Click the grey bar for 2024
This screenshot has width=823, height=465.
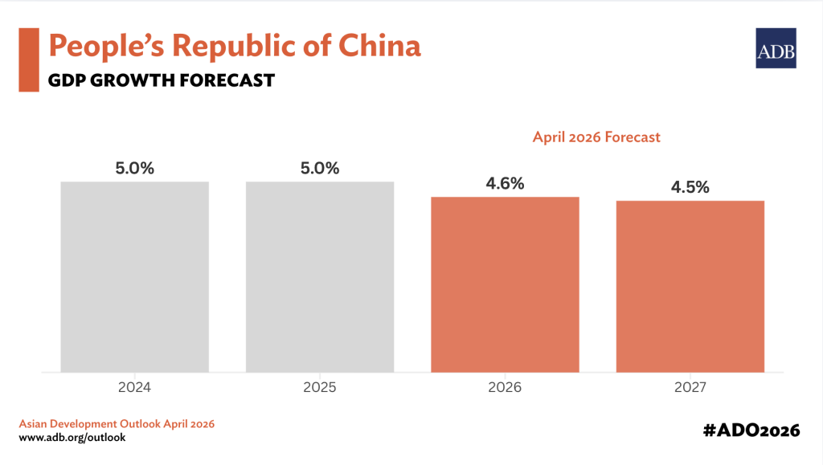[134, 277]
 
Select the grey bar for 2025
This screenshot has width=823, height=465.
[320, 277]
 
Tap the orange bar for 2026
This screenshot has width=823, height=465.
[505, 284]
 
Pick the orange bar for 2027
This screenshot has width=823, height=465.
[690, 287]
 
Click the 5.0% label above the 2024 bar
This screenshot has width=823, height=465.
[134, 169]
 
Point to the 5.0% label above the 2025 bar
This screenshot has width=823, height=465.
[320, 169]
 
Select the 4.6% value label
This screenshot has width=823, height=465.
[505, 184]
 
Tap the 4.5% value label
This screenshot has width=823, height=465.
[690, 188]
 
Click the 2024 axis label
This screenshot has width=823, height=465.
[134, 387]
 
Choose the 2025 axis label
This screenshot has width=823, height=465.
[320, 387]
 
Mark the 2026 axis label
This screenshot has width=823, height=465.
[505, 387]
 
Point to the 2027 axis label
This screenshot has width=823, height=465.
[690, 387]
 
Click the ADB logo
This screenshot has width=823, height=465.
[776, 48]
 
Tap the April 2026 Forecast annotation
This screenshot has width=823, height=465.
[596, 137]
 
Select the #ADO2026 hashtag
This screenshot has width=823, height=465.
[751, 430]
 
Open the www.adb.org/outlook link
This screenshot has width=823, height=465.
[72, 438]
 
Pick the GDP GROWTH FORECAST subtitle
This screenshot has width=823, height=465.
[162, 80]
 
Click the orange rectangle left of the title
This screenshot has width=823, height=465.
[29, 59]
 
